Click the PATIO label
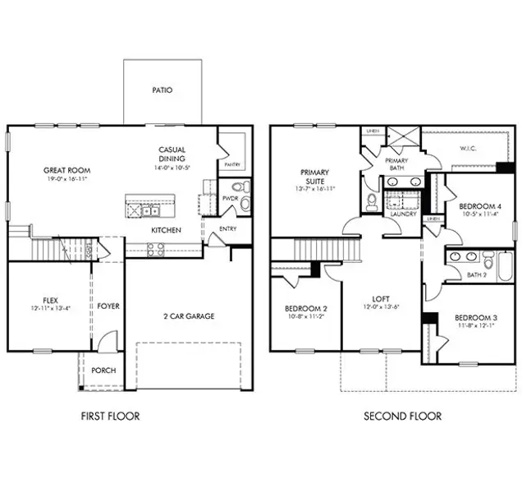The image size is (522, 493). tap(163, 90)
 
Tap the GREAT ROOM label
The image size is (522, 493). tap(66, 171)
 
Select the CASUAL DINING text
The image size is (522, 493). tap(172, 154)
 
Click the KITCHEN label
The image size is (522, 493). tap(165, 230)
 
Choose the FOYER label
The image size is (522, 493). tap(108, 306)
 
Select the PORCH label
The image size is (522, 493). tap(103, 371)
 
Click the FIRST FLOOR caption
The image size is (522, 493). tap(110, 417)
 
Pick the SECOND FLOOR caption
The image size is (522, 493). tap(402, 417)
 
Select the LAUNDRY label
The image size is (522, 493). tap(403, 214)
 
